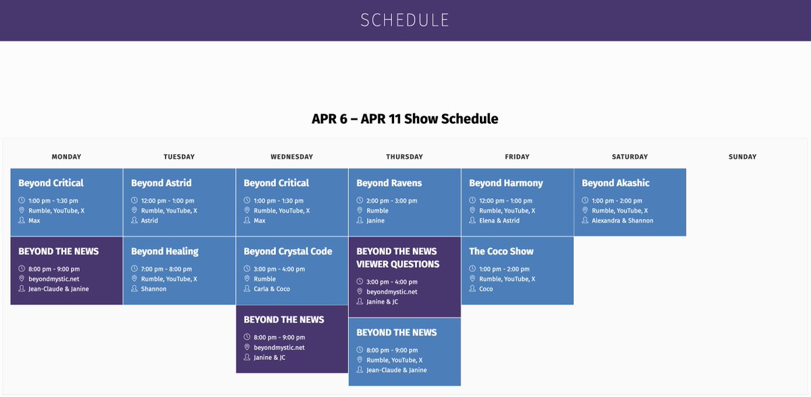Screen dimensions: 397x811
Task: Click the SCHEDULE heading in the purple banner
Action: [405, 20]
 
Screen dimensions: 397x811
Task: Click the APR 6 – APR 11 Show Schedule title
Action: [405, 119]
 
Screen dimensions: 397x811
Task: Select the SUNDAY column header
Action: [742, 157]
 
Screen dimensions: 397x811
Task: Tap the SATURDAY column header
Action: [629, 157]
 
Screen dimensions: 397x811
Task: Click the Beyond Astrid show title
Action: [161, 183]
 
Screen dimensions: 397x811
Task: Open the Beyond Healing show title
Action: [164, 251]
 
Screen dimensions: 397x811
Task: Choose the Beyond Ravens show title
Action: [389, 183]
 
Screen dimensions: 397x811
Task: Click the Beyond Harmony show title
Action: [506, 183]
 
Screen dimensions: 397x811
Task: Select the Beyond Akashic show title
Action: [615, 183]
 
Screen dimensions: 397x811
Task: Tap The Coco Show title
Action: [501, 251]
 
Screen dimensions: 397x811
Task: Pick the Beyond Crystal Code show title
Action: [287, 251]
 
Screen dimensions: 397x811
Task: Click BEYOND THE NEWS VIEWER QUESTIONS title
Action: [397, 258]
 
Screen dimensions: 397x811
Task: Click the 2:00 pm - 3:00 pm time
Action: [392, 201]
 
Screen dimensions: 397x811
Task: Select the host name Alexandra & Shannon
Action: [622, 220]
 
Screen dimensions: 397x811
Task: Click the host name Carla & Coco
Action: [272, 289]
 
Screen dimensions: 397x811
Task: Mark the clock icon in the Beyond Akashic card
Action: [585, 201]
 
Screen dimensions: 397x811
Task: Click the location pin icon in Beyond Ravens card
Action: [360, 211]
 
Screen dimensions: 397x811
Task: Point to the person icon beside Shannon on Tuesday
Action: [134, 289]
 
